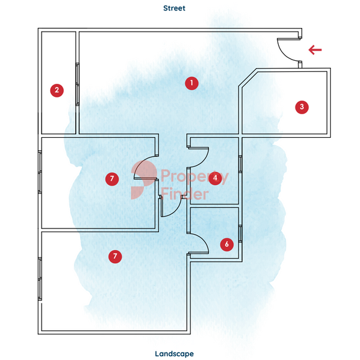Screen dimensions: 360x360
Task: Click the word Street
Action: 174,8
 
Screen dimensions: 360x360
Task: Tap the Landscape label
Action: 174,354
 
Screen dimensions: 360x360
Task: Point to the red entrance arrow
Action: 315,50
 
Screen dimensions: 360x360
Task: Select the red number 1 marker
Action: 192,83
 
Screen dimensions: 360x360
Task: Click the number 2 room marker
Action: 57,90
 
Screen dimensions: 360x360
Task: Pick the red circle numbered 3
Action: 302,107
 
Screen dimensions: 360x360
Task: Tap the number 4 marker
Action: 215,178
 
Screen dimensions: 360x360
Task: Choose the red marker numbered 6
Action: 227,245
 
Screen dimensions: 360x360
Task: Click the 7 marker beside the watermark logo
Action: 112,179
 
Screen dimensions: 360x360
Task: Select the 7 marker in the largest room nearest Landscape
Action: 115,256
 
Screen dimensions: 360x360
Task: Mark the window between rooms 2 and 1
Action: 78,84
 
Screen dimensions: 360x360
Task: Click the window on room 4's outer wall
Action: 240,164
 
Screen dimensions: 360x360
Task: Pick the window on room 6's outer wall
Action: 240,234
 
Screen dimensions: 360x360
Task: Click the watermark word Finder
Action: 185,194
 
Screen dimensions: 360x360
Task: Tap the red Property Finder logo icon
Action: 144,179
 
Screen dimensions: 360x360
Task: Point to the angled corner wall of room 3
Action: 248,77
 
